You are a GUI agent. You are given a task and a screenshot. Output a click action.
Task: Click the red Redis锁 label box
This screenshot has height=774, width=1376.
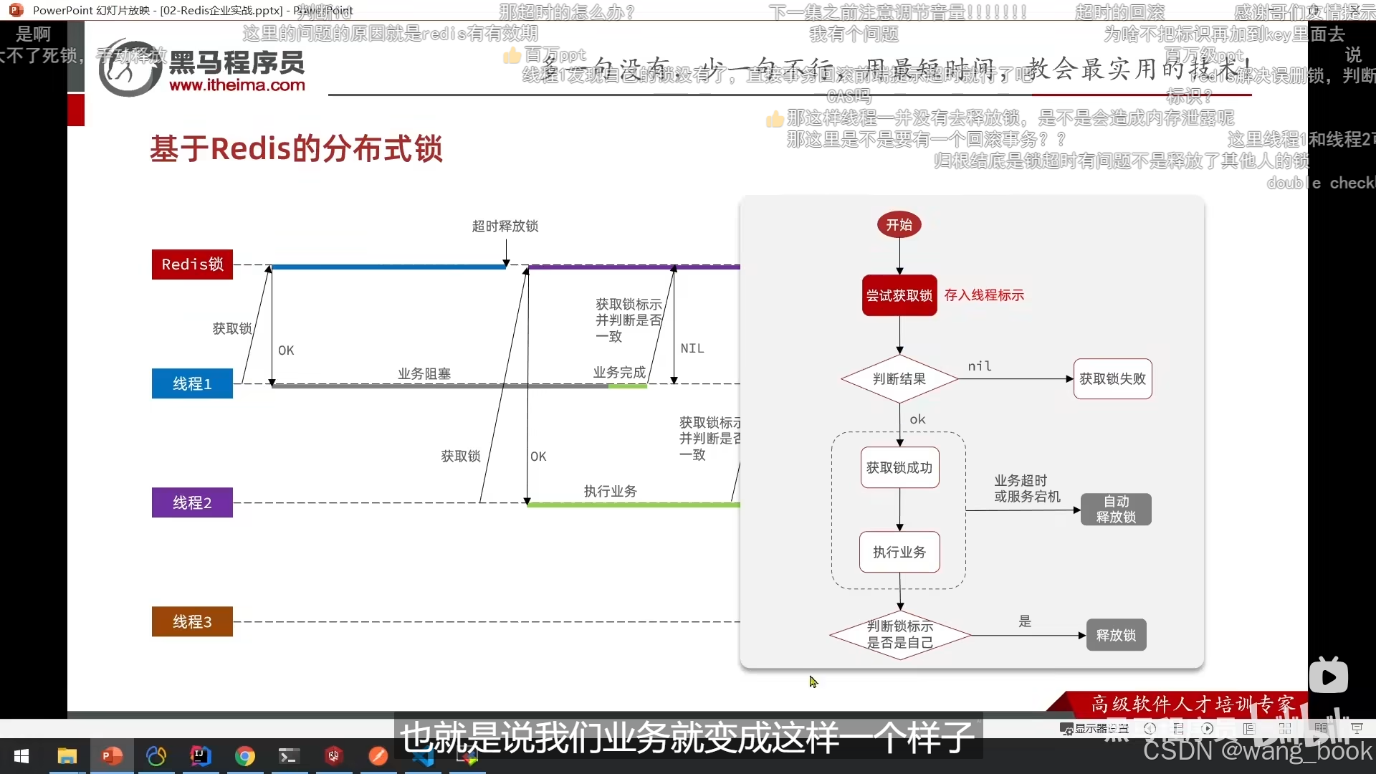(x=192, y=264)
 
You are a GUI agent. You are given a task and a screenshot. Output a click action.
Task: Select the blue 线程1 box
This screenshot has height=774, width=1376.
(x=192, y=384)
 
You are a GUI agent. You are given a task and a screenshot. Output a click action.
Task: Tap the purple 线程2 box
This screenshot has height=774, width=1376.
(x=192, y=503)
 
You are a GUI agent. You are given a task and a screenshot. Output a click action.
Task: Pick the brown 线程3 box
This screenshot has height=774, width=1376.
(x=192, y=622)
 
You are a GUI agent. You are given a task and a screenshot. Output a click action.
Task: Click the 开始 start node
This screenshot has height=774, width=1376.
(x=899, y=225)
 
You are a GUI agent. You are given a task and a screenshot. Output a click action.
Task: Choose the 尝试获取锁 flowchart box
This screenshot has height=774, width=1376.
(x=899, y=295)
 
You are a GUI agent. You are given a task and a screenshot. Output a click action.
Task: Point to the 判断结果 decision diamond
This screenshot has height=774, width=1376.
(x=899, y=379)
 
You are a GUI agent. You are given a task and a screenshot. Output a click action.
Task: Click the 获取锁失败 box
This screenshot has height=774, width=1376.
(x=1112, y=379)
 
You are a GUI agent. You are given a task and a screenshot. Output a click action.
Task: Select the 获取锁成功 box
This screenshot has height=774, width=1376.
(x=899, y=468)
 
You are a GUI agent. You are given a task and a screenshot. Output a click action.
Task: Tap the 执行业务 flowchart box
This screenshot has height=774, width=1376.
(x=899, y=552)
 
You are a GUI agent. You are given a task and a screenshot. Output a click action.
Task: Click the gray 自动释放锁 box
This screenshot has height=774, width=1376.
(x=1116, y=510)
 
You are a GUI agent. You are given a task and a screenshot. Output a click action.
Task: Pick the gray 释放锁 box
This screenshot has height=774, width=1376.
(x=1116, y=635)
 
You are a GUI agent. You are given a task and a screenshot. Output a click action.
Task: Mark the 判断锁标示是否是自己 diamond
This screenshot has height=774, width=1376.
(x=899, y=635)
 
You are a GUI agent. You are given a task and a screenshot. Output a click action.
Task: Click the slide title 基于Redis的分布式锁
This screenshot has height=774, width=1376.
(x=296, y=149)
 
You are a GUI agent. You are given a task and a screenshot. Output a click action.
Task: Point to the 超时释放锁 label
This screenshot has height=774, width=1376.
(x=505, y=226)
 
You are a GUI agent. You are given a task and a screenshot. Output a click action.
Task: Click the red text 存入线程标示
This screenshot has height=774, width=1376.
(x=984, y=295)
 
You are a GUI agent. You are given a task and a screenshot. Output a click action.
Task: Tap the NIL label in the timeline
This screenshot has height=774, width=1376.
(x=692, y=348)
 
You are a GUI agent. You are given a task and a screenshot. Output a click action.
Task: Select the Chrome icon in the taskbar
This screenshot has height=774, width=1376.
(x=245, y=756)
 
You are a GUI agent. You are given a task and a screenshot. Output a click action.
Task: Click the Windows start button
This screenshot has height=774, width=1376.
(x=21, y=756)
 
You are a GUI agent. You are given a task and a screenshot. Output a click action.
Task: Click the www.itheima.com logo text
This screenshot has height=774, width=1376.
(x=237, y=85)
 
